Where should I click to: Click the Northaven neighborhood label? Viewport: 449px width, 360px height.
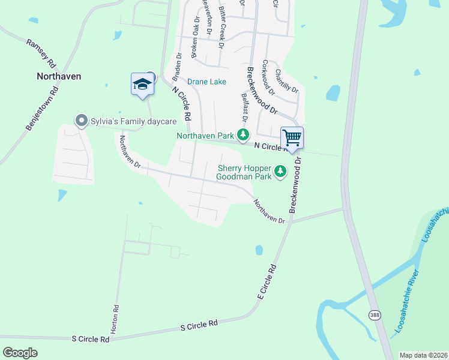[59, 76]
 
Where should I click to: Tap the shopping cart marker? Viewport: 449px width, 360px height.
[292, 137]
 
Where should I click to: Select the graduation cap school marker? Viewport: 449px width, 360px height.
[142, 83]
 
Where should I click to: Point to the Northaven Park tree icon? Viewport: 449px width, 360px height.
[243, 135]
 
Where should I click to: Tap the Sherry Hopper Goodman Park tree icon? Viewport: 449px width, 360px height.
[280, 172]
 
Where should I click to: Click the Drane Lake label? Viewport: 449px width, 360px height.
[206, 82]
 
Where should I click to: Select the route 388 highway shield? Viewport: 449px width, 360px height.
[375, 315]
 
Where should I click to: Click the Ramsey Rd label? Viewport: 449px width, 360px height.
[41, 53]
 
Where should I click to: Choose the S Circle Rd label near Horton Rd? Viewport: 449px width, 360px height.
[91, 339]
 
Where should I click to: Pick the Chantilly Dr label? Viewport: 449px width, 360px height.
[286, 80]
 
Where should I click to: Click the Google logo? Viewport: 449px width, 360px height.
[20, 352]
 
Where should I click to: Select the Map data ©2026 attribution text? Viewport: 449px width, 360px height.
[423, 355]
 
